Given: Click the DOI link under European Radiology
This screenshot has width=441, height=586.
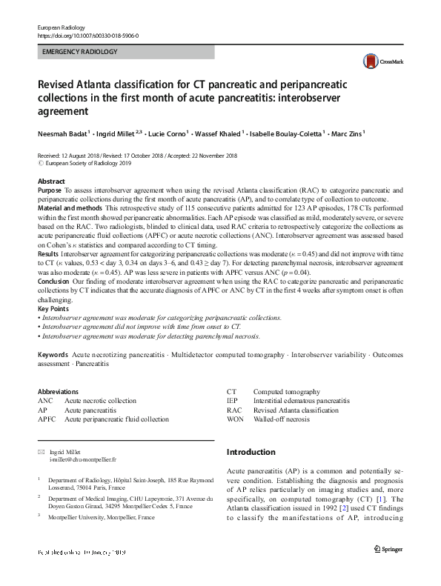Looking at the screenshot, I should pos(87,36).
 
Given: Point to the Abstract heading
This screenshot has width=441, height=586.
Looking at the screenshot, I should pos(51,182).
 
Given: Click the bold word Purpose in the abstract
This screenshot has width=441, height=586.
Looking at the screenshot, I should pos(50,190).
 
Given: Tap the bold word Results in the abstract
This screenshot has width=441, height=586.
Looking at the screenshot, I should pos(50,253).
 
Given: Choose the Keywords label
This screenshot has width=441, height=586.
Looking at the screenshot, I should pos(54,356).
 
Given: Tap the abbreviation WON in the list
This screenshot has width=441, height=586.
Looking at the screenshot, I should pos(236,419).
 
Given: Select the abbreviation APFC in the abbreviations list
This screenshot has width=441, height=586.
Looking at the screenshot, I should pos(47,419).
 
